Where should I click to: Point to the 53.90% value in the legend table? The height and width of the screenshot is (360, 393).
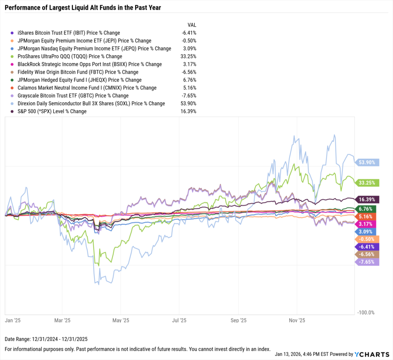tap(188, 104)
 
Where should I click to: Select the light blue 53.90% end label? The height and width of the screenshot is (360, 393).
tap(367, 163)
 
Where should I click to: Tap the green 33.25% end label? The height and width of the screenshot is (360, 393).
tap(367, 183)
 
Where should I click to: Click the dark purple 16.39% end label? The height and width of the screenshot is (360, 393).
tap(367, 199)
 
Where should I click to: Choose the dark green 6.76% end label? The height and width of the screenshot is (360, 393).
tap(367, 209)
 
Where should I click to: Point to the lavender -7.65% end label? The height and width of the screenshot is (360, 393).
tap(367, 262)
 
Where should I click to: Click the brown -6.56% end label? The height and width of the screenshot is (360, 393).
tap(367, 254)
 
